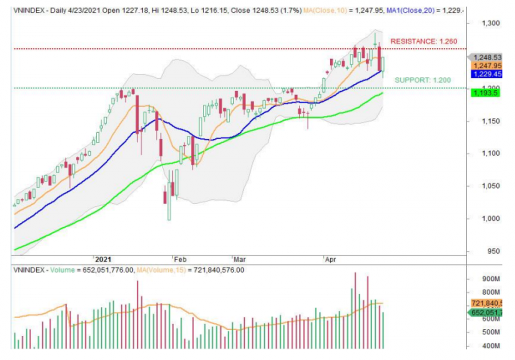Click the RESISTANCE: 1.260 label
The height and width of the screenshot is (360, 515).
(423, 41)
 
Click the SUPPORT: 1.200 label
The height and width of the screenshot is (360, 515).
(419, 80)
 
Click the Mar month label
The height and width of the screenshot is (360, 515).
(238, 260)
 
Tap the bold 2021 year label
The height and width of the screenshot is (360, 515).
(103, 260)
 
